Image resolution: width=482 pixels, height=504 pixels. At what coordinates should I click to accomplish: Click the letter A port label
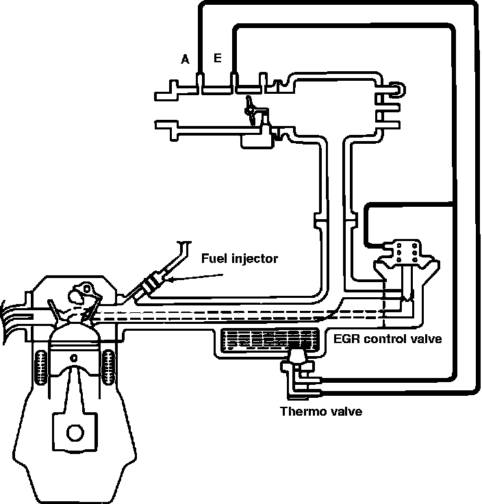[x=185, y=60]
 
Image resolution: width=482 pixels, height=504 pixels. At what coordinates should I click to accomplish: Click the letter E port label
[x=217, y=58]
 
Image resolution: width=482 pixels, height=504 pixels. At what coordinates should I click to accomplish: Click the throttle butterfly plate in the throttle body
[x=254, y=110]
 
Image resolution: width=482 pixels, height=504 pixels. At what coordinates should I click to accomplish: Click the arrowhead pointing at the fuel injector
[x=171, y=279]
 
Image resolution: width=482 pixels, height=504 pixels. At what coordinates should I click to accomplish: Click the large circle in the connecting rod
[x=75, y=434]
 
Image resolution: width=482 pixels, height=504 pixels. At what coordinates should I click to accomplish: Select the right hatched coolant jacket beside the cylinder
[x=108, y=369]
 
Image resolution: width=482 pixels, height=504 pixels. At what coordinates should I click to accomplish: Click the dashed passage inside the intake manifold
[x=240, y=313]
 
